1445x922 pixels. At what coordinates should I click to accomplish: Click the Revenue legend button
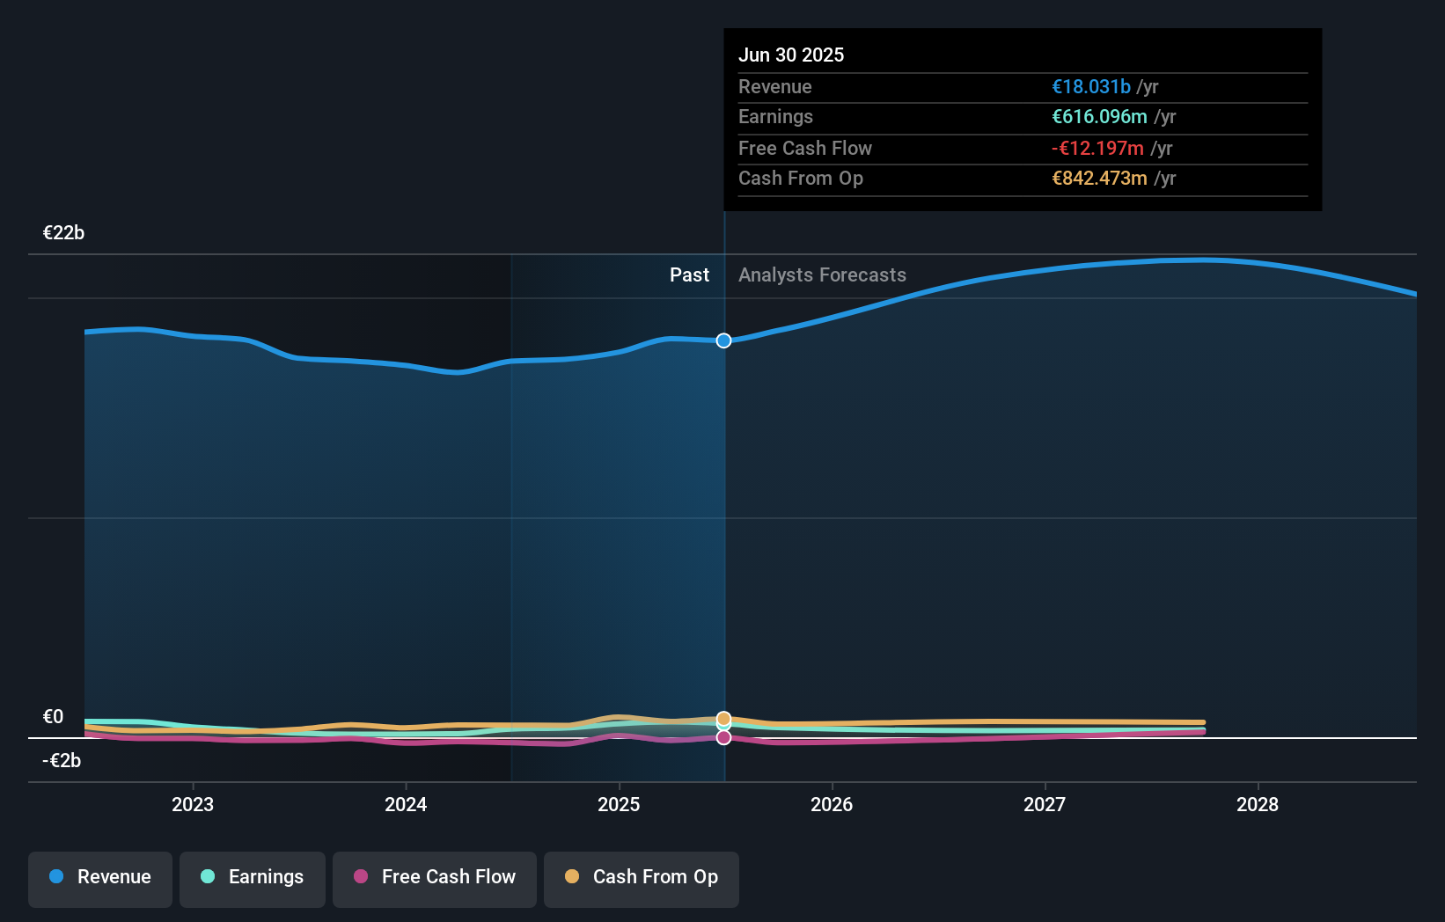tap(100, 877)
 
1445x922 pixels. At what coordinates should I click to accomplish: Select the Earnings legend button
tap(253, 877)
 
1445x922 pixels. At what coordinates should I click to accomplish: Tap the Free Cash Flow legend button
tap(435, 877)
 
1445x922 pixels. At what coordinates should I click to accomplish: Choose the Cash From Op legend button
tap(642, 877)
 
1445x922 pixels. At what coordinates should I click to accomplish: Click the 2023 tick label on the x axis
tap(193, 805)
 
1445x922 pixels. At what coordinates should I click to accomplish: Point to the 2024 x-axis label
tap(406, 805)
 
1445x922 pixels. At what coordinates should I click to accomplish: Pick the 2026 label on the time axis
tap(832, 805)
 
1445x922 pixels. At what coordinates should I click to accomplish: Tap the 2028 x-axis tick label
tap(1258, 805)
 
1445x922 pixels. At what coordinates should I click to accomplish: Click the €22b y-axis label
tap(63, 233)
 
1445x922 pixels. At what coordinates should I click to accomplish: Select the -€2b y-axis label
tap(62, 761)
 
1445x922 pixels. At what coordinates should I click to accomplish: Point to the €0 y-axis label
tap(53, 717)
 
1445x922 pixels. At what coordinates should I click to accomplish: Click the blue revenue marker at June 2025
tap(723, 340)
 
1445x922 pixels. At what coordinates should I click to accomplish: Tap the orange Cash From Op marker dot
tap(723, 719)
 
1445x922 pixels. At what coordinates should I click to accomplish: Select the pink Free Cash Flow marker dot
tap(723, 737)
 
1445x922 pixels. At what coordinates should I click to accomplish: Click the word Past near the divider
tap(689, 275)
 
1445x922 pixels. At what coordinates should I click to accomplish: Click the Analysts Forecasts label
tap(822, 275)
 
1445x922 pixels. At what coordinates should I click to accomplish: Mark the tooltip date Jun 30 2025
tap(791, 55)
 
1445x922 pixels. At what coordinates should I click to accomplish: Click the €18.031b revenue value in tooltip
tap(1090, 87)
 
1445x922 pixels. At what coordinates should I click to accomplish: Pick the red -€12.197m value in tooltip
tap(1097, 149)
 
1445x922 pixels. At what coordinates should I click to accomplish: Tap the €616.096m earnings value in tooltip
tap(1099, 117)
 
